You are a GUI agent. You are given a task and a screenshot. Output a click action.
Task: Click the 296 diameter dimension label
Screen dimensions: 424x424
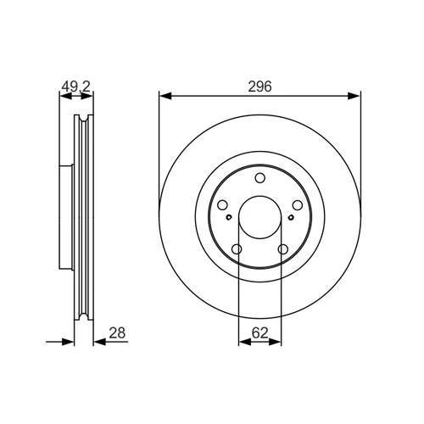coord(259,86)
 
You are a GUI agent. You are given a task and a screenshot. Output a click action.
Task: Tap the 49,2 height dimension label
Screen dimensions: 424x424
coord(75,86)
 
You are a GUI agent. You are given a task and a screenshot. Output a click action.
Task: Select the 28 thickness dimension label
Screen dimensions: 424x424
coord(117,333)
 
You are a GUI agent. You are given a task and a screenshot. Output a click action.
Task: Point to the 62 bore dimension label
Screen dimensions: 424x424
coord(259,333)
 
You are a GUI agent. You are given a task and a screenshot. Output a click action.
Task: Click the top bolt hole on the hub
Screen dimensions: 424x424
coord(259,178)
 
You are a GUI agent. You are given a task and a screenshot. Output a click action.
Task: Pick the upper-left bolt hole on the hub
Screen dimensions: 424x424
coord(222,205)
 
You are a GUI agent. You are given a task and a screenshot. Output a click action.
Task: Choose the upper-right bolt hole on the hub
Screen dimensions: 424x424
coord(298,205)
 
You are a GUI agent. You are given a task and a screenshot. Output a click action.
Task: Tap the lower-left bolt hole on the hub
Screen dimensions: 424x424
coord(237,249)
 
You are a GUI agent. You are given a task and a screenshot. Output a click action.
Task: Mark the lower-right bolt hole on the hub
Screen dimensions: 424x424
coord(283,249)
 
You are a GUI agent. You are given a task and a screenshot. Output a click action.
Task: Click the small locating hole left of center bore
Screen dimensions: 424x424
coord(229,217)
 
